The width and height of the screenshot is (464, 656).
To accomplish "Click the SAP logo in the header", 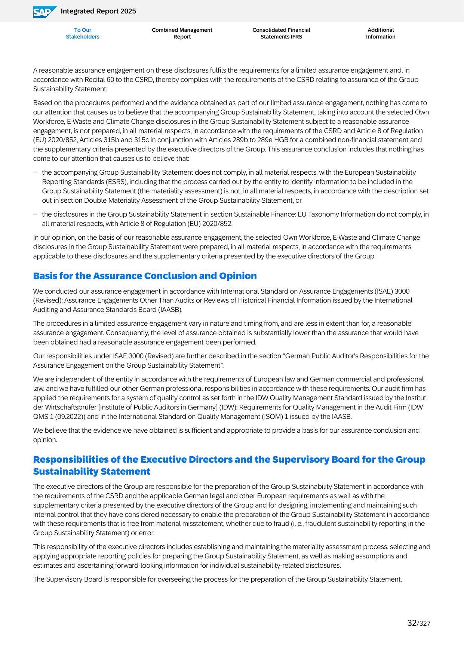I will (x=44, y=12).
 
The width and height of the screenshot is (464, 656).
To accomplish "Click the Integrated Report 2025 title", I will (x=98, y=11).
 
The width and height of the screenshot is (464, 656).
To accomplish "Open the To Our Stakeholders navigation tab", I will (x=83, y=33).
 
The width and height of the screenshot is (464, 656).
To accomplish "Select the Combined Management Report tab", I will (x=182, y=33).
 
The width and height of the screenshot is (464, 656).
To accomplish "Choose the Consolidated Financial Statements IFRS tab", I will (x=281, y=33).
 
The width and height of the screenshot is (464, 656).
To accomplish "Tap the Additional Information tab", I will (x=381, y=33).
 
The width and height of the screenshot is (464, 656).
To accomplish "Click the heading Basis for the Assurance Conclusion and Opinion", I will (x=145, y=276).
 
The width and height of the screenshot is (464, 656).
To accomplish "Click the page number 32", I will (x=412, y=623).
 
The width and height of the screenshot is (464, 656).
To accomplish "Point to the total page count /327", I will (x=424, y=623).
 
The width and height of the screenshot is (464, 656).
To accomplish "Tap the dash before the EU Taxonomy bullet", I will (x=35, y=214).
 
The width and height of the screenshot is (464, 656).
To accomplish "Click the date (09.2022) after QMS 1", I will (x=66, y=417).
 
